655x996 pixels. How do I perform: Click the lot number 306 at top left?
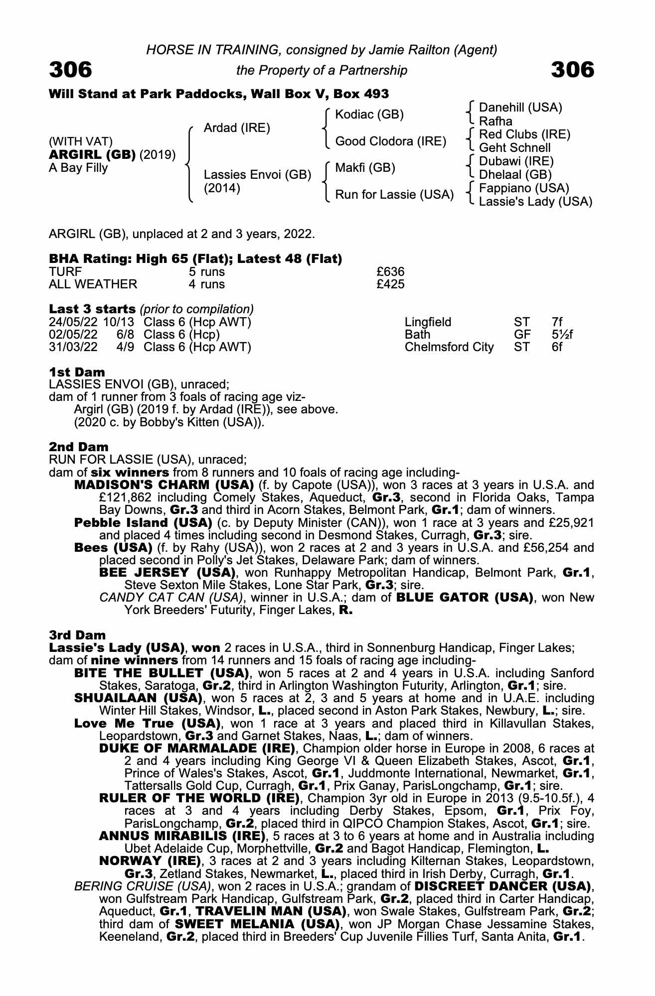click(70, 70)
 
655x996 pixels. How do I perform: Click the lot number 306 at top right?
click(573, 70)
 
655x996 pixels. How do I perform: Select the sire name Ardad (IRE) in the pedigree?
click(237, 128)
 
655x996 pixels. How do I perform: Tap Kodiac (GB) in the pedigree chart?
click(369, 115)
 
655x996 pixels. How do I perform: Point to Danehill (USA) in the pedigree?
click(520, 108)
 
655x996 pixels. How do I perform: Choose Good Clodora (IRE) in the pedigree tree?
click(390, 141)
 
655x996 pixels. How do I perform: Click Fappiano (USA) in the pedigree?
click(524, 188)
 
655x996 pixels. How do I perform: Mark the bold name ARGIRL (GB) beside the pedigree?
click(92, 155)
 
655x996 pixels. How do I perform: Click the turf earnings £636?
click(390, 272)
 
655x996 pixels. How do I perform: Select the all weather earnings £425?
click(390, 284)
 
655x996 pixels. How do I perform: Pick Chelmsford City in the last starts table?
click(449, 347)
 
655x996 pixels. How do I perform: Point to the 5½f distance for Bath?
click(562, 335)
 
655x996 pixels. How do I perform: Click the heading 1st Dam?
click(77, 372)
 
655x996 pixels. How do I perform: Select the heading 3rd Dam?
click(77, 635)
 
